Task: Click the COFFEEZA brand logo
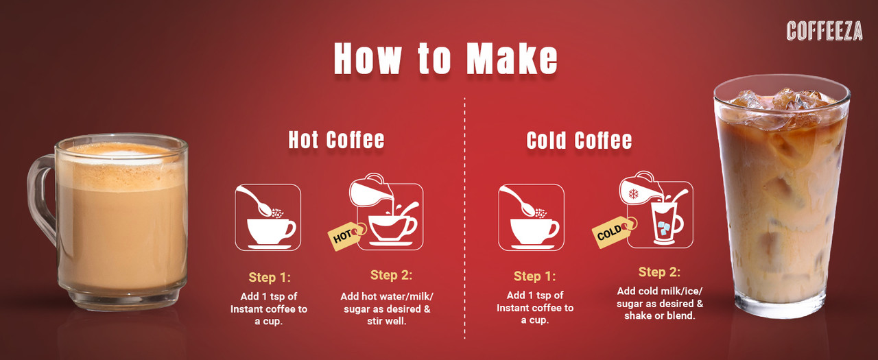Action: (x=824, y=31)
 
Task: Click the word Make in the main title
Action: (x=512, y=58)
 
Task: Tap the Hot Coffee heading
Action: (x=336, y=140)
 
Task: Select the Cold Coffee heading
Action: (x=579, y=141)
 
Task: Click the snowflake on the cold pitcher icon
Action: (x=633, y=193)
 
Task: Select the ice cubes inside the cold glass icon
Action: (x=663, y=228)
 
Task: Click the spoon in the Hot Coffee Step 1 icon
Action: (x=254, y=201)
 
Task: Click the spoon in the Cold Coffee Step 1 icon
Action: (x=518, y=201)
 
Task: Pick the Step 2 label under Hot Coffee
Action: (x=391, y=275)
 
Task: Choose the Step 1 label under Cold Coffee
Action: (x=534, y=276)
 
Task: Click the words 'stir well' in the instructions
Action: (x=386, y=322)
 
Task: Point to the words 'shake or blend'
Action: (x=659, y=315)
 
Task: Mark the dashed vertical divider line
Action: (x=465, y=218)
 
